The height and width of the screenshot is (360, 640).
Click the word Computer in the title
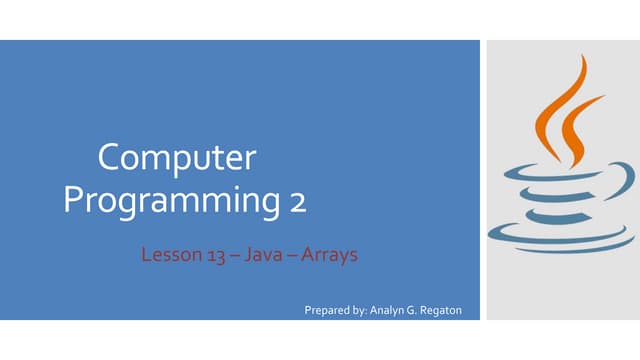(177, 159)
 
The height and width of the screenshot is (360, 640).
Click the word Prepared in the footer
(327, 310)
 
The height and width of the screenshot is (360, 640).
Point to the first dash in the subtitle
(233, 255)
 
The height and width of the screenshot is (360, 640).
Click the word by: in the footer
(359, 310)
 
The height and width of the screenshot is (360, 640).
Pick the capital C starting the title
(109, 159)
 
